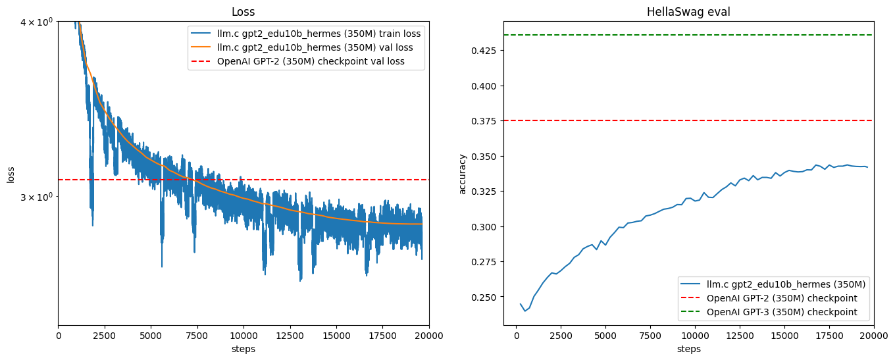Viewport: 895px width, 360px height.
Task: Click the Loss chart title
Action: [x=243, y=12]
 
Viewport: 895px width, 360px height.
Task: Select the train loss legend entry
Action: [x=319, y=33]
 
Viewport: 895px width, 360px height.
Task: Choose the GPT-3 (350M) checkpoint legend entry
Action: [x=782, y=312]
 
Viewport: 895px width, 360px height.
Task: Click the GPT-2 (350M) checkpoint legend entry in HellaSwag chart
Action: [x=782, y=298]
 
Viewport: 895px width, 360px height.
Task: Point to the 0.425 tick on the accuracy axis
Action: [x=486, y=50]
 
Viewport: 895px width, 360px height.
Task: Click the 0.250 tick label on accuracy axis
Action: [x=486, y=297]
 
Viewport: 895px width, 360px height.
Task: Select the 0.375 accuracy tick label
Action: [x=486, y=121]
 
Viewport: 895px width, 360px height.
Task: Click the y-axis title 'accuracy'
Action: [x=463, y=174]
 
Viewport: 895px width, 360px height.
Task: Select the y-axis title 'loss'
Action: [x=11, y=174]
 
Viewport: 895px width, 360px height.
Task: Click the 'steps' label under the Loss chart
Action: [x=243, y=349]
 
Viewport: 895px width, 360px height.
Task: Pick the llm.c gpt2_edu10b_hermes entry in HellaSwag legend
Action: [x=786, y=284]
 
